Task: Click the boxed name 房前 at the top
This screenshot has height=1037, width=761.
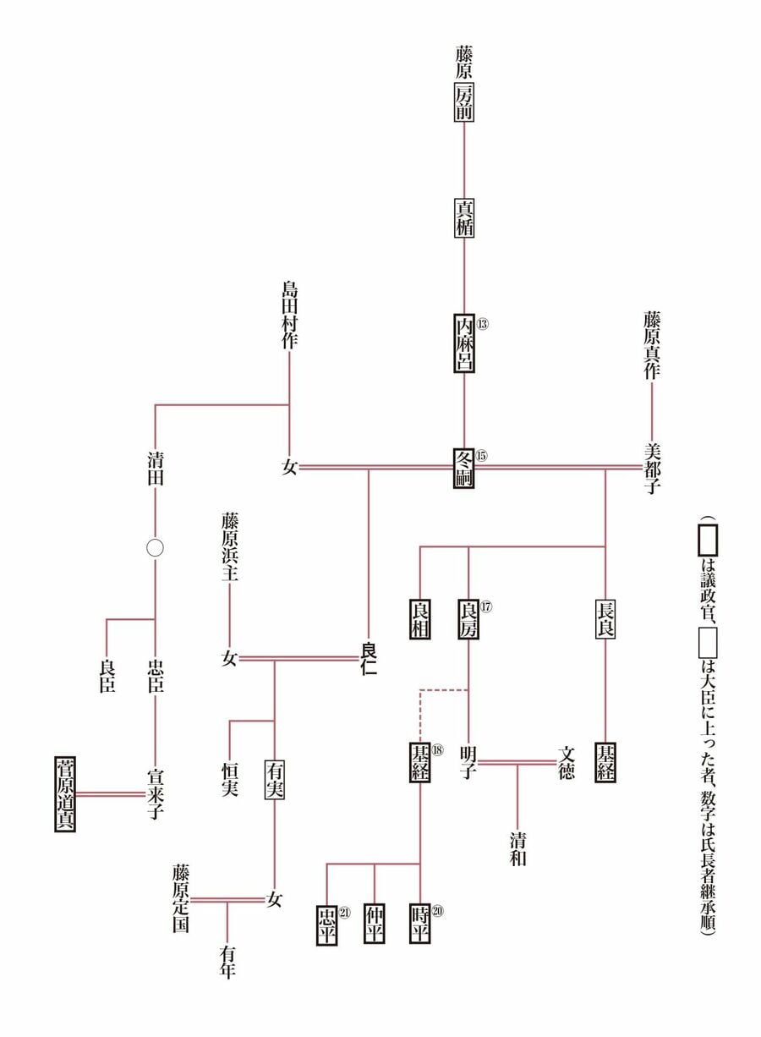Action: click(464, 102)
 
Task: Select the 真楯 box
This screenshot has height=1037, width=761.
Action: click(464, 217)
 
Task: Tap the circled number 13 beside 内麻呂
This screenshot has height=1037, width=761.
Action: click(482, 324)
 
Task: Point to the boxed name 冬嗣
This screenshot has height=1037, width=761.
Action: click(464, 468)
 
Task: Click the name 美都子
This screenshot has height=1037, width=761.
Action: click(652, 468)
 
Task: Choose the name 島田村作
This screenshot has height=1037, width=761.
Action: click(290, 315)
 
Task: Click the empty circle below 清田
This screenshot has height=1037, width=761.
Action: click(155, 548)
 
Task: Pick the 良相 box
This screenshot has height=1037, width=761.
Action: click(420, 619)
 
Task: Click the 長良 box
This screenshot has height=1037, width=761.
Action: click(605, 619)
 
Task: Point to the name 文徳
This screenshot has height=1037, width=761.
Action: click(567, 762)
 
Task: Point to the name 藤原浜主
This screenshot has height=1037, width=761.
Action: click(230, 546)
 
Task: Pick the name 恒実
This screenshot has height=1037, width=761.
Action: click(230, 780)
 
